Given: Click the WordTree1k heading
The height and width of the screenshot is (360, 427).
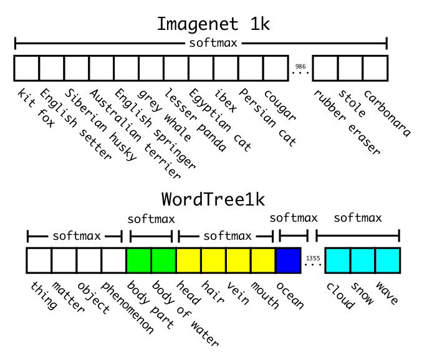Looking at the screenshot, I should [213, 199].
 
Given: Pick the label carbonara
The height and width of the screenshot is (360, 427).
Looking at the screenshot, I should [387, 113].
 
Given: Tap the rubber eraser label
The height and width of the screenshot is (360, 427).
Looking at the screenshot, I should [346, 122].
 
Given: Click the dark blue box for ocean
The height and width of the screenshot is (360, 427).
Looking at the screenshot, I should [287, 260].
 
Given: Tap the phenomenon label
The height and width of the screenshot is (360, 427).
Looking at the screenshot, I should [127, 308].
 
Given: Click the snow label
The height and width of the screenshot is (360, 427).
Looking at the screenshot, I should [362, 293].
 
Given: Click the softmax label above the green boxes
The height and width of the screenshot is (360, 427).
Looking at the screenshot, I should [151, 219].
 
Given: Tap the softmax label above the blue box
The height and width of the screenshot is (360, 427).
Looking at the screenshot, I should [293, 218].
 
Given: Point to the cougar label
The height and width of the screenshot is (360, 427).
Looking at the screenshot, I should [280, 106].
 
